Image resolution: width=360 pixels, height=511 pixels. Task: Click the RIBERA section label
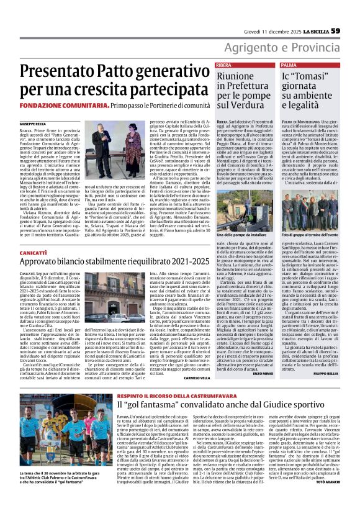click(x=225, y=65)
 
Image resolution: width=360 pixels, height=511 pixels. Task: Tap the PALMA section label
click(x=289, y=65)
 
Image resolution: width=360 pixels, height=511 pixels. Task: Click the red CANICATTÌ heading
click(x=34, y=253)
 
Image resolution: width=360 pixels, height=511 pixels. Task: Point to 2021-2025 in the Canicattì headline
click(x=176, y=263)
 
